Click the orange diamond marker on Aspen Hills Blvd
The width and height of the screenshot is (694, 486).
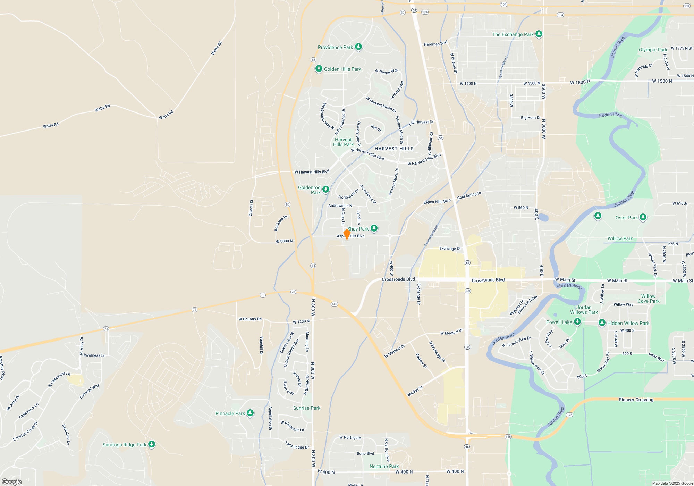click(x=347, y=234)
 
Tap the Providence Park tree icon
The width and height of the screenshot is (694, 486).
click(x=358, y=47)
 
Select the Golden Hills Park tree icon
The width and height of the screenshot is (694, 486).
click(x=319, y=69)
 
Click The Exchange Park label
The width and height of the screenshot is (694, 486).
click(x=513, y=34)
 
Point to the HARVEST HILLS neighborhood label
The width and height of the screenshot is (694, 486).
click(x=394, y=149)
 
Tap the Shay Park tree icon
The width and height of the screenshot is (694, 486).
click(x=374, y=228)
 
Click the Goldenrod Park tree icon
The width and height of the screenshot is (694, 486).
click(x=325, y=189)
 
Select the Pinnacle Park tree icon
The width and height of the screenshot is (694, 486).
click(x=250, y=413)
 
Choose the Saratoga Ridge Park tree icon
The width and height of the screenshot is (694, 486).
click(x=151, y=444)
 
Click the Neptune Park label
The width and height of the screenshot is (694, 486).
click(x=384, y=466)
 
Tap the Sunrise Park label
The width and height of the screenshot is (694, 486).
click(x=306, y=408)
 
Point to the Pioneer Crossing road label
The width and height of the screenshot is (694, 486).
click(x=636, y=400)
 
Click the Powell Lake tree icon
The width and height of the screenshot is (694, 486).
click(x=577, y=322)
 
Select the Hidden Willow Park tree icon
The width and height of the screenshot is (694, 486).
click(x=602, y=323)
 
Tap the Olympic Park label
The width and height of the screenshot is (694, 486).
click(x=653, y=50)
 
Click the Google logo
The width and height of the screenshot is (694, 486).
click(x=12, y=481)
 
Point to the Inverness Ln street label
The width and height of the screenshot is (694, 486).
click(x=94, y=355)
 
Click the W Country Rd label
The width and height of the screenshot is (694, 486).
click(x=250, y=319)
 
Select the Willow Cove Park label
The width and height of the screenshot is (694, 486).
click(x=648, y=299)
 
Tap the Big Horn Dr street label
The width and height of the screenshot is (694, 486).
click(x=530, y=118)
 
